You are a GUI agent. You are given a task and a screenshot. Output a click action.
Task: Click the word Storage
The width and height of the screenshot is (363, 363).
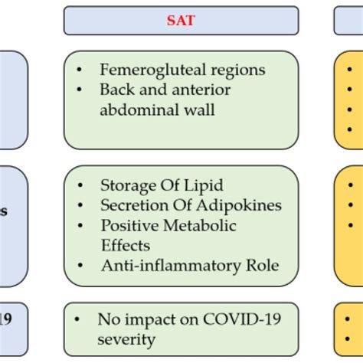(x=126, y=185)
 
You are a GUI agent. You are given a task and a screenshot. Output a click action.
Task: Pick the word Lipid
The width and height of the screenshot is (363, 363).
(x=192, y=185)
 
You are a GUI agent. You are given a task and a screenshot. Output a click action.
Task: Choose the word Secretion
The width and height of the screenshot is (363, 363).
(x=131, y=204)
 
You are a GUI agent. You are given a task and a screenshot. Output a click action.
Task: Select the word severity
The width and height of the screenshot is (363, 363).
(x=127, y=338)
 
